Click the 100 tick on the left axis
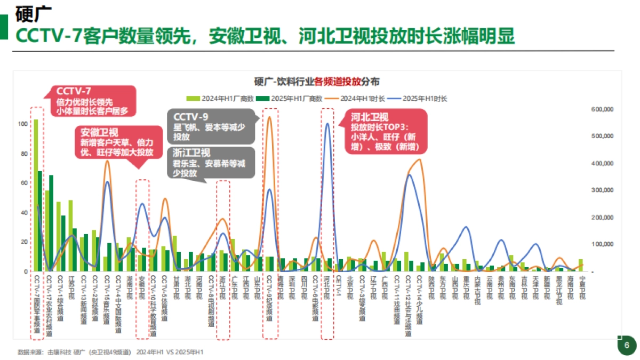21,124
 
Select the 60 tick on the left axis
23,183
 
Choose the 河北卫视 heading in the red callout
369,117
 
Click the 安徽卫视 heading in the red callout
99,132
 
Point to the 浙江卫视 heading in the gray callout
191,152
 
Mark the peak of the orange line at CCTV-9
269,117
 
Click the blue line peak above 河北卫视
327,124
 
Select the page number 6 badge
627,345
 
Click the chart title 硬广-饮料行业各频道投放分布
317,82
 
